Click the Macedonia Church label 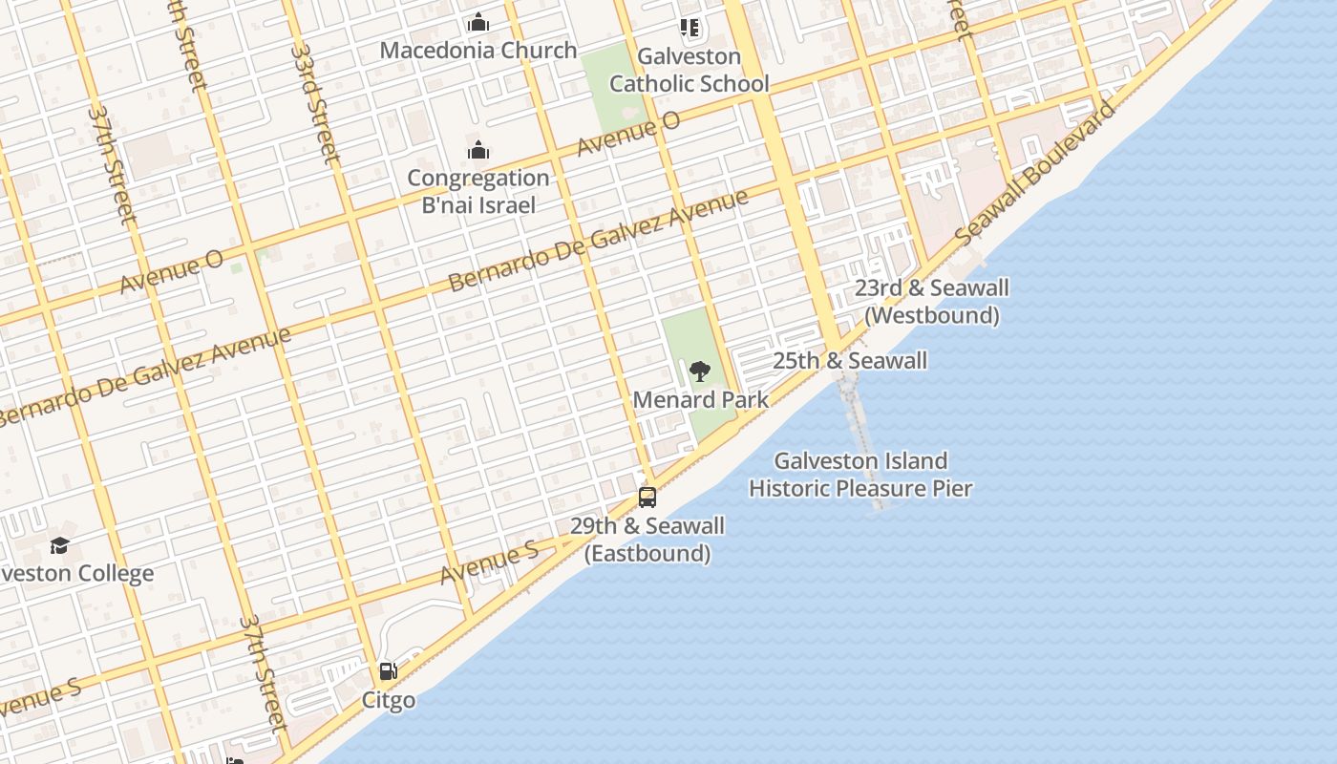(478, 51)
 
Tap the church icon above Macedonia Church (478, 22)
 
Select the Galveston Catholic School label (689, 71)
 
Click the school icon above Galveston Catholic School (689, 28)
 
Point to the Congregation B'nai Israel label (478, 191)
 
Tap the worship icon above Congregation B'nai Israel (478, 151)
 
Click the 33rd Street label (315, 103)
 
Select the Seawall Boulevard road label (1035, 172)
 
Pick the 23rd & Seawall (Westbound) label (931, 301)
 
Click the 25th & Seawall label (849, 361)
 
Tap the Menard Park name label (700, 400)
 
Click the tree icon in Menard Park (700, 371)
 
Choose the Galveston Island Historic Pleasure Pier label (859, 475)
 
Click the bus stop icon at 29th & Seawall (647, 497)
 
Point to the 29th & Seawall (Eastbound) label (647, 540)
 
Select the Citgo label (388, 700)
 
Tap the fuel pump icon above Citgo (388, 671)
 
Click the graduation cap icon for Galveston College (60, 545)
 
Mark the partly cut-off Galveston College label (76, 574)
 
